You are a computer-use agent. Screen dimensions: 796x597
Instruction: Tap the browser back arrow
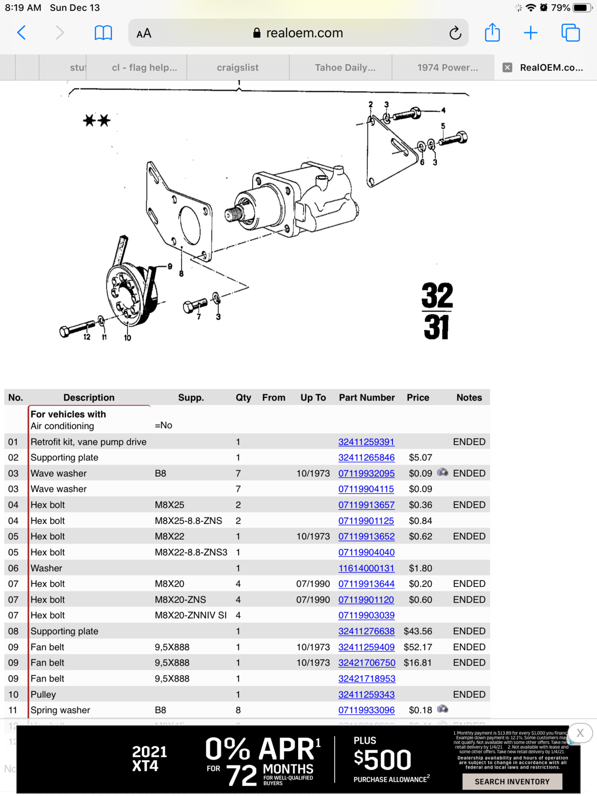coord(21,33)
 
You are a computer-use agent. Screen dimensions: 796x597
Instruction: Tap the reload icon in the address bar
coord(455,33)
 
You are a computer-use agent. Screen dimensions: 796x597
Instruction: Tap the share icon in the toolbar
coord(492,33)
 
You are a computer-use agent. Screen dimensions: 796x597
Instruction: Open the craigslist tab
coord(237,68)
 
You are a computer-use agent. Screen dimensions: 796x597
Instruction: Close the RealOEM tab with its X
coord(507,68)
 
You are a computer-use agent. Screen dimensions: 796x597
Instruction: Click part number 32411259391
coord(366,442)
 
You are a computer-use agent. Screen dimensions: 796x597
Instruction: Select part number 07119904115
coord(366,489)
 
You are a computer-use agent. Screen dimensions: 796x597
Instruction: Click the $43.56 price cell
coord(417,631)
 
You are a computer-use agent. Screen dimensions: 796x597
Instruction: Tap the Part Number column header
coord(367,398)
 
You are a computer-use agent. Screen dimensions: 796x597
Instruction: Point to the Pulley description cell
coord(43,695)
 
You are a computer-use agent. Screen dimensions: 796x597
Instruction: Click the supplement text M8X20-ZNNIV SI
coord(191,615)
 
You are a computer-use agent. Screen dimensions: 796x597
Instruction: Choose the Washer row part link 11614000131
coord(366,568)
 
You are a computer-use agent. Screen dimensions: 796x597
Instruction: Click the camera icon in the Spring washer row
coord(442,709)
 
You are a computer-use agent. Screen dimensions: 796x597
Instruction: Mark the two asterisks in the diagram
coord(97,120)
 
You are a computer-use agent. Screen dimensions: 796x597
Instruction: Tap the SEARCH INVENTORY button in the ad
coord(512,782)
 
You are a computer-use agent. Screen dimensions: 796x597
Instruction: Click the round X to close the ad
coord(580,733)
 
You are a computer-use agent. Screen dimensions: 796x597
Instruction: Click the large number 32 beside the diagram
coord(437,296)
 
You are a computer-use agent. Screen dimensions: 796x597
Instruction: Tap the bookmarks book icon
coord(103,33)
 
